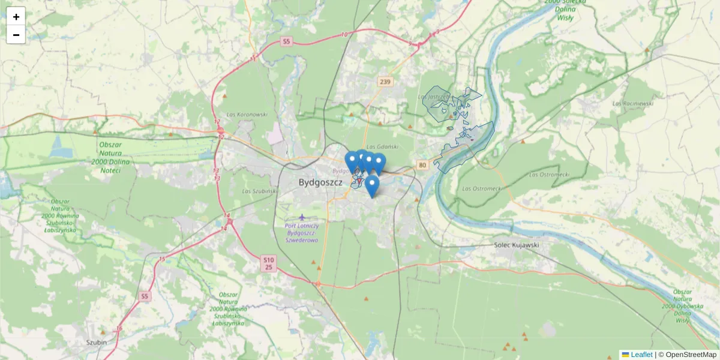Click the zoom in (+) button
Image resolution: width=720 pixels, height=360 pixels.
(16, 16)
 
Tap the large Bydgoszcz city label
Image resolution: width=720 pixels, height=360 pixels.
(320, 182)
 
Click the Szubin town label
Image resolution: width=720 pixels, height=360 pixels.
(96, 343)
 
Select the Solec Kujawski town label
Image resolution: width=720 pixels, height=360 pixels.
(517, 245)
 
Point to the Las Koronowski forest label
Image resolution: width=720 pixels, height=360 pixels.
(247, 114)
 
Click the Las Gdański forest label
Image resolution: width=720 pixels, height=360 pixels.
(382, 146)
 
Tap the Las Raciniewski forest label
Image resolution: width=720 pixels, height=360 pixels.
(632, 103)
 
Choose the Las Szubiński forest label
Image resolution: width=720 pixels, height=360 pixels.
(260, 191)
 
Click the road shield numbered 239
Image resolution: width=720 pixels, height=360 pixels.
(385, 82)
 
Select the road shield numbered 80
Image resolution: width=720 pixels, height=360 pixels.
(422, 165)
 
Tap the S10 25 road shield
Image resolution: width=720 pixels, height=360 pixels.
(269, 263)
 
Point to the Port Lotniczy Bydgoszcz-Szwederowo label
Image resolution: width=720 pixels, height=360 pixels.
(302, 232)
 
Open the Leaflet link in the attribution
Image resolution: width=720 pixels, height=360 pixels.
(641, 355)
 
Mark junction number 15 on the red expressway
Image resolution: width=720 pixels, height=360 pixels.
(162, 259)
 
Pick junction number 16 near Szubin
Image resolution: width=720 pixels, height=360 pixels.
(119, 328)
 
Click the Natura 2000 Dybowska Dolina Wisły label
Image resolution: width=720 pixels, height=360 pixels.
(682, 305)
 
